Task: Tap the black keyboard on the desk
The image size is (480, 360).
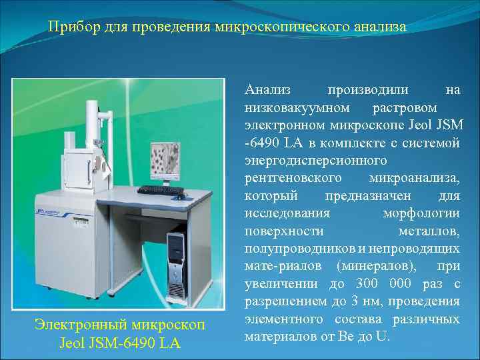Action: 160,190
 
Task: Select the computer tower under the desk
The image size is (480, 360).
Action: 176,253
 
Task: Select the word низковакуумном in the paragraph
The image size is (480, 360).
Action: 293,108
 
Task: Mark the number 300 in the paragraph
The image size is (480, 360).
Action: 359,284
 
